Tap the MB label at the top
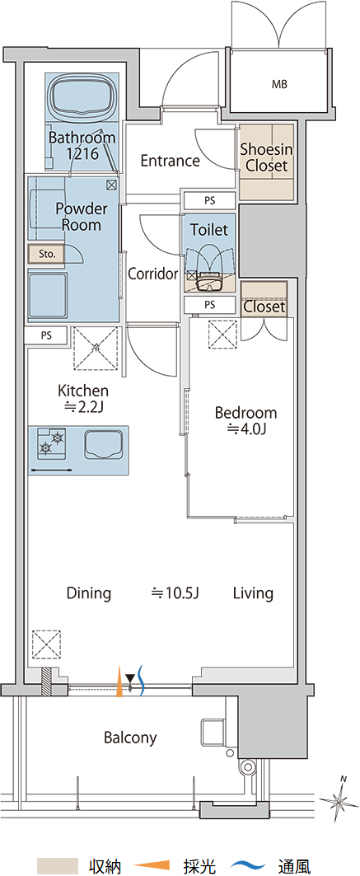(279, 85)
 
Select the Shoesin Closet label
(266, 157)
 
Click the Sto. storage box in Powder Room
(48, 254)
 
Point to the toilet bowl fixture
(210, 268)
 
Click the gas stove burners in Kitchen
(51, 442)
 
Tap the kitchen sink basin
(104, 444)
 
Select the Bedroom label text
(246, 414)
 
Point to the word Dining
(89, 593)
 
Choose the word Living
(253, 593)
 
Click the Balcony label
(130, 738)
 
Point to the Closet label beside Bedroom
(264, 307)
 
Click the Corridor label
(153, 274)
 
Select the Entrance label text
(171, 161)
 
